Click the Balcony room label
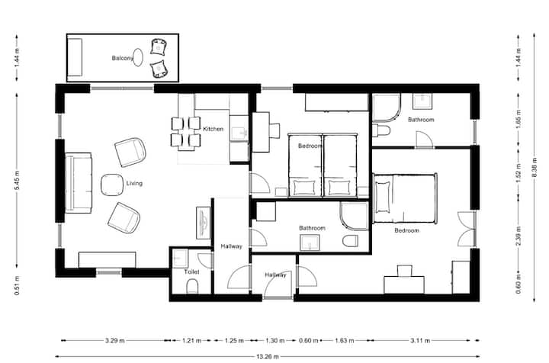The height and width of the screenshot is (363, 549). (x=123, y=58)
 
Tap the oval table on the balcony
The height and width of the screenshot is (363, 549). (x=138, y=57)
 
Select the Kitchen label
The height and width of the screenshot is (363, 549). (x=213, y=129)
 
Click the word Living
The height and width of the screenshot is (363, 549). (x=134, y=184)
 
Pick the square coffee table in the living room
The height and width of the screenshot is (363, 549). (x=112, y=185)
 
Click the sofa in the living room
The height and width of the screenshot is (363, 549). (x=79, y=183)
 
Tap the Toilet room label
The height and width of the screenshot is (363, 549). (x=191, y=271)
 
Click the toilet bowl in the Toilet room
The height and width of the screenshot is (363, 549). (x=192, y=286)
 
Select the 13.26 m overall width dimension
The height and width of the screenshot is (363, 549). (x=268, y=357)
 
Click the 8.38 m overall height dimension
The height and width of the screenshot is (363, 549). (x=535, y=167)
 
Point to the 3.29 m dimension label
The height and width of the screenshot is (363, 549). (x=115, y=340)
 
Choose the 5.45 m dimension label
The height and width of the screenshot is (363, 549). (x=17, y=180)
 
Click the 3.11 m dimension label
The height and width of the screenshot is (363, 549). (x=420, y=340)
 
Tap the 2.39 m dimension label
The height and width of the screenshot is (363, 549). (x=518, y=236)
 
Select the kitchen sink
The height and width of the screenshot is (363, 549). (x=239, y=133)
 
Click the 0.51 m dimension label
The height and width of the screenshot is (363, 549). (x=17, y=286)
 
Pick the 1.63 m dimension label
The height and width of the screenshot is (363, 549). (x=345, y=340)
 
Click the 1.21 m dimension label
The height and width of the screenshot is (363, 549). (x=191, y=340)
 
